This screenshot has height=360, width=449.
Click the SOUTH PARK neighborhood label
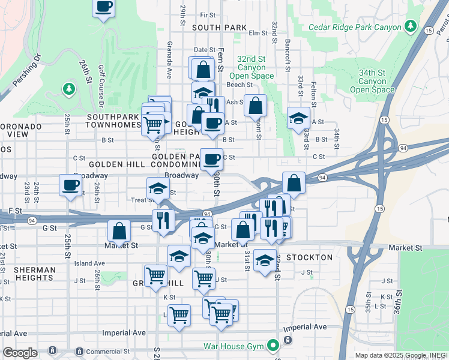219,28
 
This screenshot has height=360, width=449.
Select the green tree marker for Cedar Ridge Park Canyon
411,26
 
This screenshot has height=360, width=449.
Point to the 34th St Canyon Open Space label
372,81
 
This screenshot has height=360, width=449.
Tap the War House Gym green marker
274,345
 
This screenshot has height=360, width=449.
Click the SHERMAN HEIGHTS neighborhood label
27,273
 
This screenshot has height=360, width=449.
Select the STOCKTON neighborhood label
309,257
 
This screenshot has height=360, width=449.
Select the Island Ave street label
89,263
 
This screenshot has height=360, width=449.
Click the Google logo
20,352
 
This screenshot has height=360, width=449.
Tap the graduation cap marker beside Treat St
157,188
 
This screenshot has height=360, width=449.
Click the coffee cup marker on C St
211,159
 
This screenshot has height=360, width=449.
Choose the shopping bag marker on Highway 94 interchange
294,181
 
